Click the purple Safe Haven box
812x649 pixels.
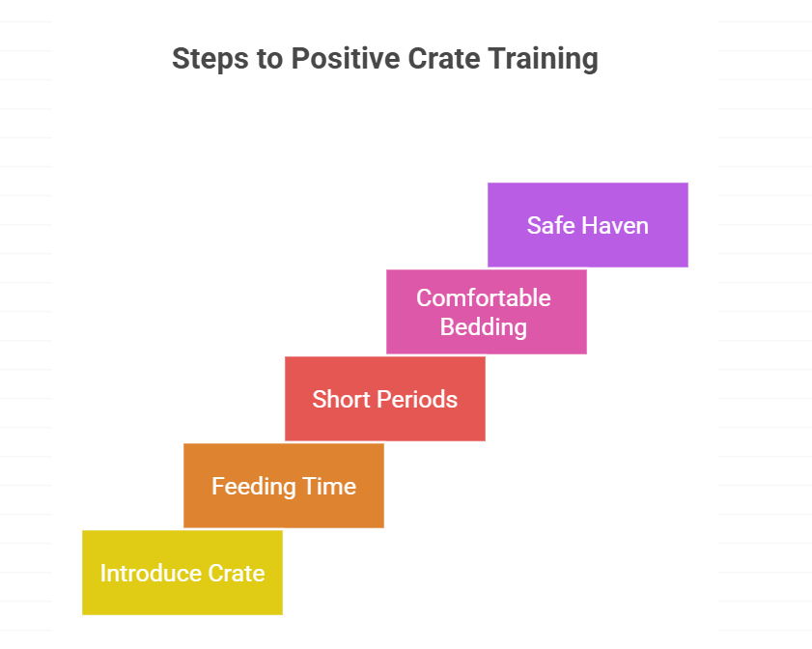tap(587, 225)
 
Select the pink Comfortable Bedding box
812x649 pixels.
tap(486, 312)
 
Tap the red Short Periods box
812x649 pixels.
tap(384, 399)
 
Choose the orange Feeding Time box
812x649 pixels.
tap(283, 486)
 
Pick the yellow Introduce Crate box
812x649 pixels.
tap(182, 573)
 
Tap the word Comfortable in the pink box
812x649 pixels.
tap(483, 297)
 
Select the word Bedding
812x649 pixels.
tap(483, 326)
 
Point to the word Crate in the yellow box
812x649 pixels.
tap(238, 573)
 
